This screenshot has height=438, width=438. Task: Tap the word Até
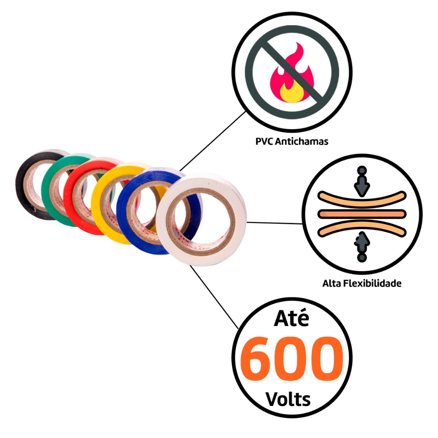pyautogui.click(x=291, y=319)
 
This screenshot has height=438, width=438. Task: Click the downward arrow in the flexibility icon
pyautogui.click(x=362, y=184)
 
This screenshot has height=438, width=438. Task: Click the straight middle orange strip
pyautogui.click(x=361, y=213)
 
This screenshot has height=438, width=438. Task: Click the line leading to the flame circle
pyautogui.click(x=214, y=139)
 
